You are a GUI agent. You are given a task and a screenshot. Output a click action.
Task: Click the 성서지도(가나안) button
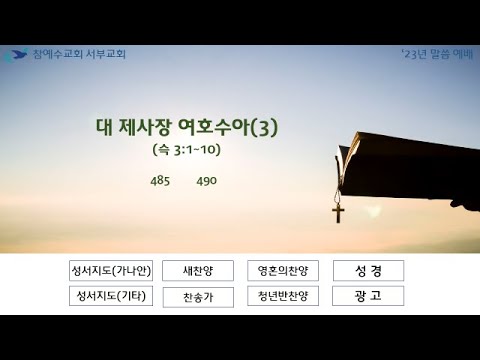(111, 271)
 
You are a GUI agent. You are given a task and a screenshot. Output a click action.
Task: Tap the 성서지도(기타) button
(111, 296)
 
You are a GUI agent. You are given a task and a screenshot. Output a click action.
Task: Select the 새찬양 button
(198, 271)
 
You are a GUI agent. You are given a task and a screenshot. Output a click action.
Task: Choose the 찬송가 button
(198, 297)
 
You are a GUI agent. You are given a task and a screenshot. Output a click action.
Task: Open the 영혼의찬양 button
(283, 271)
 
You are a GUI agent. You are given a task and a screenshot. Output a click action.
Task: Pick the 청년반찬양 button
(283, 296)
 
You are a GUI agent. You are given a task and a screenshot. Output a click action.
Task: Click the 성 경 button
(368, 271)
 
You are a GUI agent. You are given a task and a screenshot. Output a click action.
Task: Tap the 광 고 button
(368, 296)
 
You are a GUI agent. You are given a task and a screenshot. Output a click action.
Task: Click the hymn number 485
(160, 181)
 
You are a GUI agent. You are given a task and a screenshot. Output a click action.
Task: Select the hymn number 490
(207, 181)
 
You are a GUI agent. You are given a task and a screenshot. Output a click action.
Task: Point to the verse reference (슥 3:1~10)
(187, 150)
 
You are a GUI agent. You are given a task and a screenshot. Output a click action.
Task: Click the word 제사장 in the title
(144, 127)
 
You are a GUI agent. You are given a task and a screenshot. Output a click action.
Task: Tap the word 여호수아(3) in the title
(228, 127)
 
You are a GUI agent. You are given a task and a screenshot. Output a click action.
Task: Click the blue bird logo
(16, 55)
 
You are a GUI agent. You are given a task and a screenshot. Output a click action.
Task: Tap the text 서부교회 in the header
(106, 54)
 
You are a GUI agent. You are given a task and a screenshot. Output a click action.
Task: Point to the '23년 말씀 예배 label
(437, 54)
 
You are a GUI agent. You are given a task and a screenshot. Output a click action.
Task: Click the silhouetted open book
(407, 168)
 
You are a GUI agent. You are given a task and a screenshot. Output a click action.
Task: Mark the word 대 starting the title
(104, 127)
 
